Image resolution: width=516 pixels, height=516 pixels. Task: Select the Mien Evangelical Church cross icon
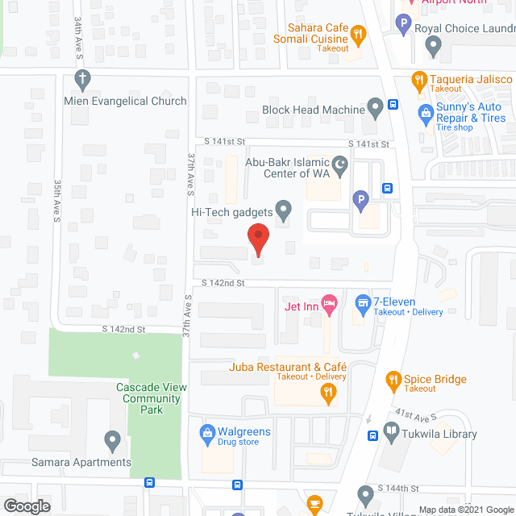pyautogui.click(x=81, y=79)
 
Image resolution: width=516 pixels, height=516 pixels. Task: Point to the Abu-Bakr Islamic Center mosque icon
pyautogui.click(x=340, y=165)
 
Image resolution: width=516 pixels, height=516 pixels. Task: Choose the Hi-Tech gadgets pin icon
pyautogui.click(x=283, y=211)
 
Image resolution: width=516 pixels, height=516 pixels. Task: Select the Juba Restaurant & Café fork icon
pyautogui.click(x=328, y=393)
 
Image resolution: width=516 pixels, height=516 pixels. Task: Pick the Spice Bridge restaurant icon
pyautogui.click(x=393, y=378)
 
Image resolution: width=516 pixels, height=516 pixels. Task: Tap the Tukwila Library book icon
pyautogui.click(x=392, y=434)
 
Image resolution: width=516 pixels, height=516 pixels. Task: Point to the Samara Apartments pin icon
pyautogui.click(x=112, y=441)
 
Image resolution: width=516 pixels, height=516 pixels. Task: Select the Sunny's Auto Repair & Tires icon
pyautogui.click(x=425, y=113)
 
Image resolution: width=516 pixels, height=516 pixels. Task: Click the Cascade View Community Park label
pyautogui.click(x=151, y=398)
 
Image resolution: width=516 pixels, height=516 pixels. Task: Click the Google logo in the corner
pyautogui.click(x=26, y=506)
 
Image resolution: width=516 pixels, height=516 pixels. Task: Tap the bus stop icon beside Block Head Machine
pyautogui.click(x=393, y=103)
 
